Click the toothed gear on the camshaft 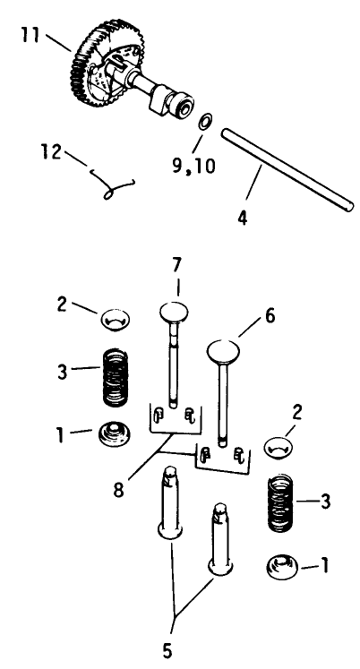(x=85, y=63)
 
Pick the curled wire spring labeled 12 (x=111, y=184)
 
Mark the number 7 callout (x=177, y=264)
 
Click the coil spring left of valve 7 (x=116, y=378)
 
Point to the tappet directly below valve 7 (x=172, y=502)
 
